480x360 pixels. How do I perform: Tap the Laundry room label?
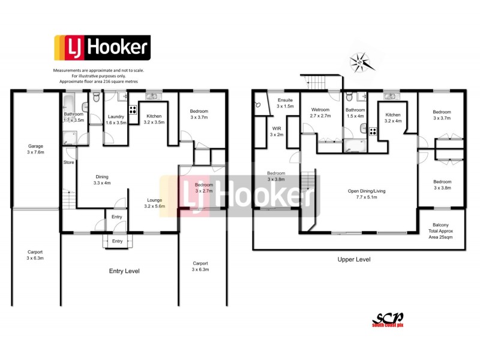(x=116, y=119)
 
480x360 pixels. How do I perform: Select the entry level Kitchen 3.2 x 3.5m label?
(x=154, y=119)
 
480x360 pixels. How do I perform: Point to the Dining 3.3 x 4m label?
(x=103, y=179)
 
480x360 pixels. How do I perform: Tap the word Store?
(x=70, y=161)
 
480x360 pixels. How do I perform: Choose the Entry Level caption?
(x=124, y=271)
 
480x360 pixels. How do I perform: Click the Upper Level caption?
(x=353, y=260)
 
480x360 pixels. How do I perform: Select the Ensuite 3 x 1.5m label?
(x=284, y=103)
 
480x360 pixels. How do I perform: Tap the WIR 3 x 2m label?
(x=276, y=132)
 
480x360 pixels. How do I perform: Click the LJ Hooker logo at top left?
(x=102, y=49)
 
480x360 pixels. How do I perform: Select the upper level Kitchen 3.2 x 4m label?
(x=394, y=118)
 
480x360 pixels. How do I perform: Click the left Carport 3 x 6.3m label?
(x=35, y=255)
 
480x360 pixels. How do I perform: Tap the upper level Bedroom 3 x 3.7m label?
(x=442, y=115)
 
